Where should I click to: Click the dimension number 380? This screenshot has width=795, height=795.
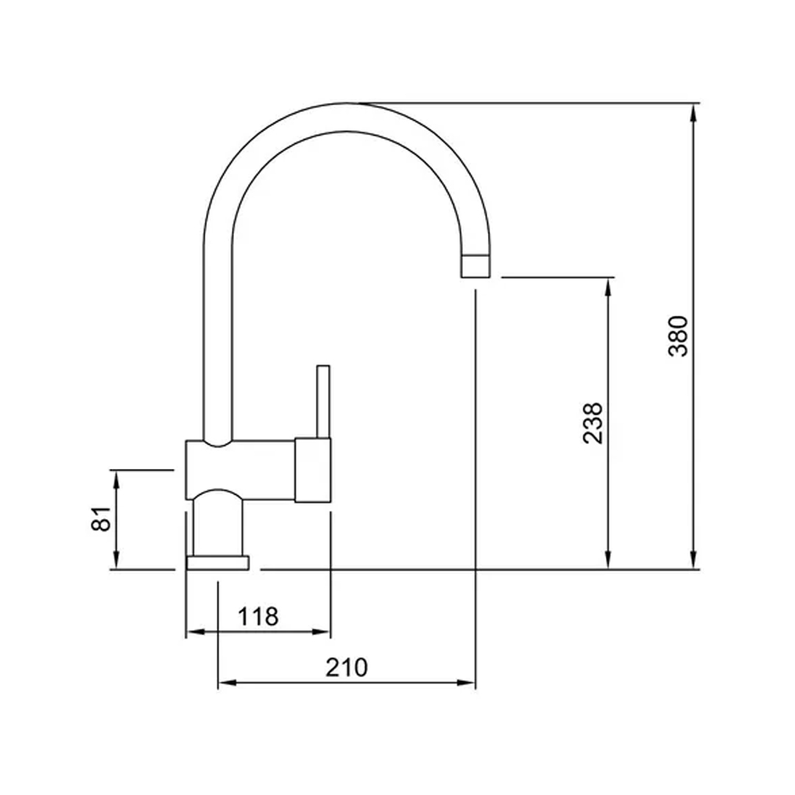(678, 336)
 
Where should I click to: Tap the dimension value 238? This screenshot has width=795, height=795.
(593, 423)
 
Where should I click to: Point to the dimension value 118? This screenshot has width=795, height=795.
(258, 616)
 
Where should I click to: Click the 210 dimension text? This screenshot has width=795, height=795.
(346, 668)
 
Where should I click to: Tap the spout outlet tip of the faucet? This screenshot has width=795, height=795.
(475, 266)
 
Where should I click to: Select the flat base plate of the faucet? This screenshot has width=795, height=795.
(218, 563)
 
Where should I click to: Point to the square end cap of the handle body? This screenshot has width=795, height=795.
(313, 470)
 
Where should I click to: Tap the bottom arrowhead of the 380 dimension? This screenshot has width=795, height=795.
(693, 562)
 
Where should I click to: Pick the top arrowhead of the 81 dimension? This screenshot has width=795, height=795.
(116, 477)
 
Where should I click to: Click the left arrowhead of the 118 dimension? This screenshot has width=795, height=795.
(194, 632)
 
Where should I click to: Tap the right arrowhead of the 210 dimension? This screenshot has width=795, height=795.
(467, 683)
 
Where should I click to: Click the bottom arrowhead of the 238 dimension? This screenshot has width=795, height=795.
(608, 562)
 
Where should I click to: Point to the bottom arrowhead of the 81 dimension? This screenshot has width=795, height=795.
(116, 562)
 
